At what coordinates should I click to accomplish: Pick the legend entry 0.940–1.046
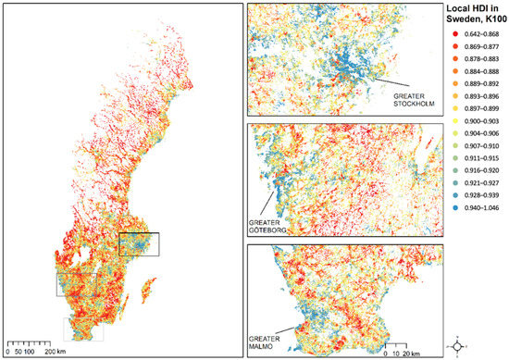[478, 223]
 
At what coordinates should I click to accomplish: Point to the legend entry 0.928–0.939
[478, 210]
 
